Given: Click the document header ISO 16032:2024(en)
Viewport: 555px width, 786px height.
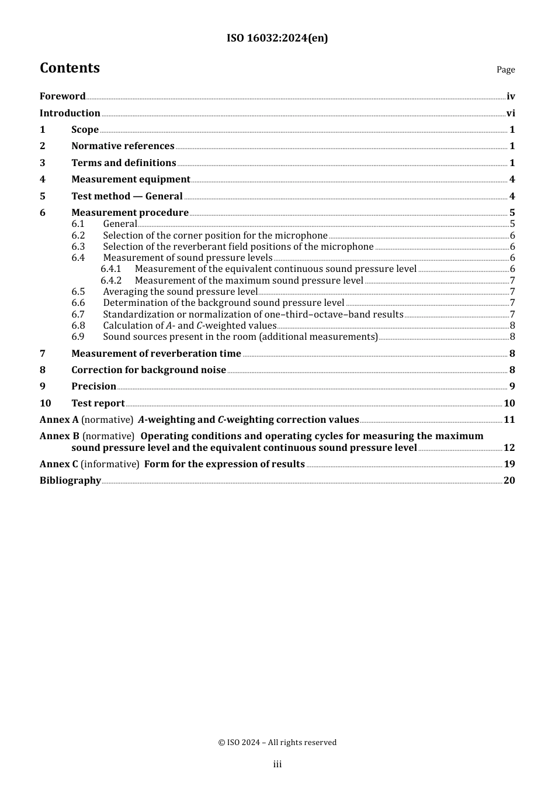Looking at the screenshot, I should coord(277,38).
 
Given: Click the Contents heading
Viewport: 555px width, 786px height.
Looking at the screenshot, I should coord(70,68).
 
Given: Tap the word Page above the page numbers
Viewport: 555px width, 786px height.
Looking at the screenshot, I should coord(505,70).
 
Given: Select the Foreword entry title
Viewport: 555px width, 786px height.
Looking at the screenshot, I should coord(63,96).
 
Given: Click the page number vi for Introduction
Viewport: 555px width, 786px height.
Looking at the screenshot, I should coord(511,113).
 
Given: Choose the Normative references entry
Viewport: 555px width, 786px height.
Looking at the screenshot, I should coord(123,146).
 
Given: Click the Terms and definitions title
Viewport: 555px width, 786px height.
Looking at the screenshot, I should coord(123,163).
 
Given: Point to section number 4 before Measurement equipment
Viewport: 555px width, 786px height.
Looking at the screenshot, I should coord(43,180).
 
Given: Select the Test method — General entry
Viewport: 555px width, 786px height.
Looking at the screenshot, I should coord(127,196).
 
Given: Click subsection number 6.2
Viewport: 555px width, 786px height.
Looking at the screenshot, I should coord(78,236).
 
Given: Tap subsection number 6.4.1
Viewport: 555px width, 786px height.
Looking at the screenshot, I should coord(111,269).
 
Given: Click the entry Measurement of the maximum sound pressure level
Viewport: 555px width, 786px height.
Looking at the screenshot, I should coord(249,281).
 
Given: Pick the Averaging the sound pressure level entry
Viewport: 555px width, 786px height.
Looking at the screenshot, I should coord(180,292).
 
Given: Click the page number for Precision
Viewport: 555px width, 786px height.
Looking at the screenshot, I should coord(512,387).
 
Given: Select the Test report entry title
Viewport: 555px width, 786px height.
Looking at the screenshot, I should coord(98,404).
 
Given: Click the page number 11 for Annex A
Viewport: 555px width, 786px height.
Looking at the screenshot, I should coord(509,420).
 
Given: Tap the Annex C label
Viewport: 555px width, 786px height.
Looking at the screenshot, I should coord(58,464).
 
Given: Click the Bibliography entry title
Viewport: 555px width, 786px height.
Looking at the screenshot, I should coord(70,481).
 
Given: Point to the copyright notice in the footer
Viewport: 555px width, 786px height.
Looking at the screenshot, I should coord(277,743).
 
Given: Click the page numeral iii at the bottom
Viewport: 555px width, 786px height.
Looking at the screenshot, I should coord(277,764).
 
